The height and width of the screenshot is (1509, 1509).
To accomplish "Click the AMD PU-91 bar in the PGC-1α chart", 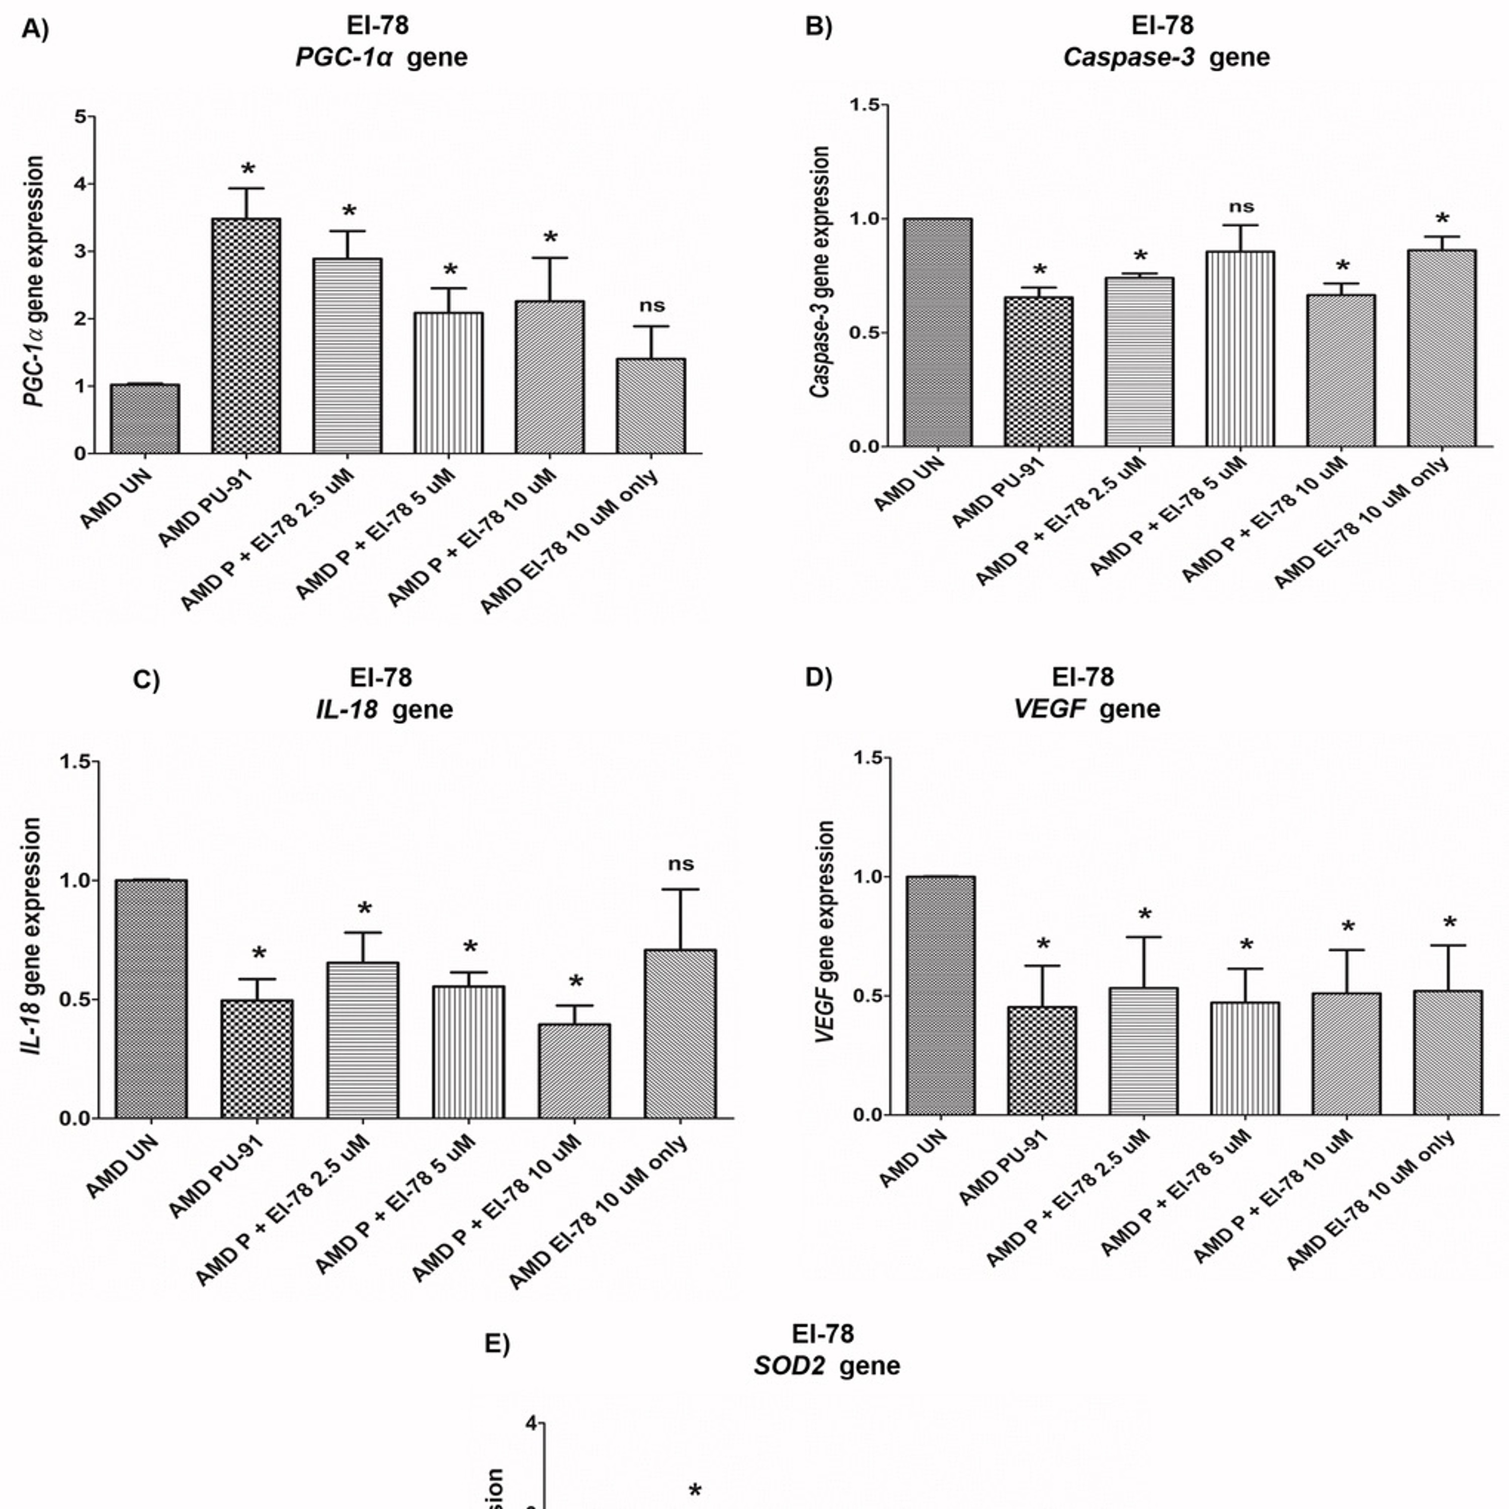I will [x=245, y=336].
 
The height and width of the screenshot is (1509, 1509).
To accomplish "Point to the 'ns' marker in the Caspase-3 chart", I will [x=1241, y=207].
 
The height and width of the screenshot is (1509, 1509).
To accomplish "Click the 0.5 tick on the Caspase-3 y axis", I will [x=865, y=332].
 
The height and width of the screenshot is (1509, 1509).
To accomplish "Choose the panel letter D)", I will [x=818, y=677].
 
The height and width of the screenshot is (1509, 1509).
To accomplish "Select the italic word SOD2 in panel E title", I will [x=789, y=1365].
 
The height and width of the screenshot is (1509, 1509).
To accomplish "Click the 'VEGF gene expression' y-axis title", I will [x=825, y=931].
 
